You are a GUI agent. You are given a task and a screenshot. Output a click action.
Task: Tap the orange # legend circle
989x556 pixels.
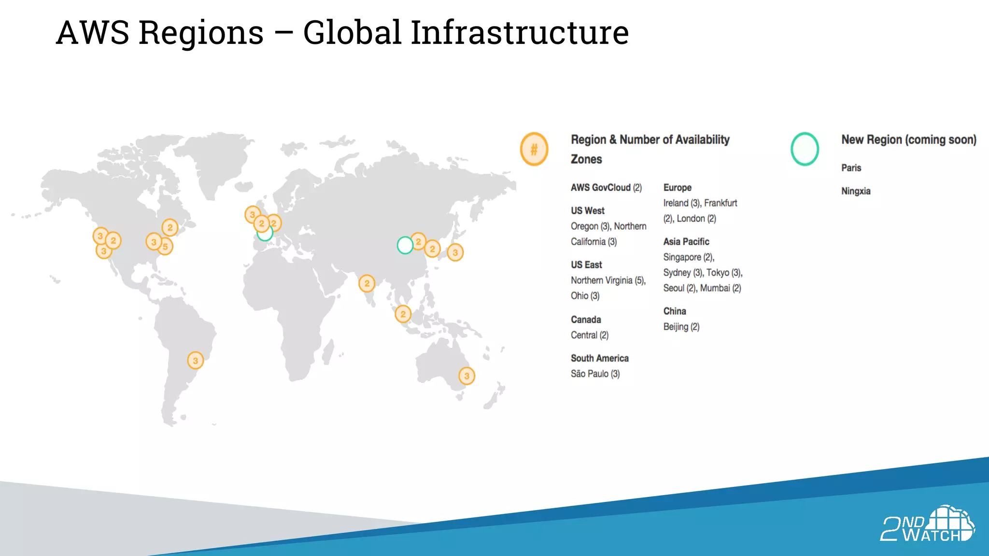pos(534,149)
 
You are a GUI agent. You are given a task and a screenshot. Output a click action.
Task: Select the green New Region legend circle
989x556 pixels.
pos(805,149)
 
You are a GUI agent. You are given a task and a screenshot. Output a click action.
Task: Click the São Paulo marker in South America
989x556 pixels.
pos(195,360)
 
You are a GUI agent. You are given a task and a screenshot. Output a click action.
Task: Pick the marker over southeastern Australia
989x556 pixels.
pos(466,375)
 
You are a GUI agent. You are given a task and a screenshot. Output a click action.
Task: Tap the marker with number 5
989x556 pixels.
pos(165,247)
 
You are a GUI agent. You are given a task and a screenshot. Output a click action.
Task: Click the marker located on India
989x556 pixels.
pos(367,283)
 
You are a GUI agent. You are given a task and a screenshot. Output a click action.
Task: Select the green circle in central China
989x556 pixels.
pos(405,245)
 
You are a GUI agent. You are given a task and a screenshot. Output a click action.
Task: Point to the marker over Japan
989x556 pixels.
pos(455,252)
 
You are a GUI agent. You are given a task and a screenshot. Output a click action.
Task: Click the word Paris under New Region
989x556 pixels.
pos(851,168)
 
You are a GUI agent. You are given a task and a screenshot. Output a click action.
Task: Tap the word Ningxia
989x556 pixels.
pos(856,191)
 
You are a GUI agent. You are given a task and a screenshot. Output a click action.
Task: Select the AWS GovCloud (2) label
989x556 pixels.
pos(606,188)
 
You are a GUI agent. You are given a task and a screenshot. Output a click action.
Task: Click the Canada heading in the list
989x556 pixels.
pos(586,320)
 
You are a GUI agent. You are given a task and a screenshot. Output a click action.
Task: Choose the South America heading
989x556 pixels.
pos(599,358)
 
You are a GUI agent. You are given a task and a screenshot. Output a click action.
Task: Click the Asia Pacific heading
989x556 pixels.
pos(686,242)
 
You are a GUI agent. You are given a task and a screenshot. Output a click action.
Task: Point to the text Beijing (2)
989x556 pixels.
pos(681,327)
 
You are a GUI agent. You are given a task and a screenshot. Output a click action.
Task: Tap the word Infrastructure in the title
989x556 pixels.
pos(520,33)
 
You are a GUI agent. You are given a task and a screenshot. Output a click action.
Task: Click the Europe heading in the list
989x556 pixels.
pos(677,188)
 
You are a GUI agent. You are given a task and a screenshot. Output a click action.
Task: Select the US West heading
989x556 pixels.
pos(587,211)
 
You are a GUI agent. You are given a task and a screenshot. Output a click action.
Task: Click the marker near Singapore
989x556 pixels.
pos(403,314)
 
